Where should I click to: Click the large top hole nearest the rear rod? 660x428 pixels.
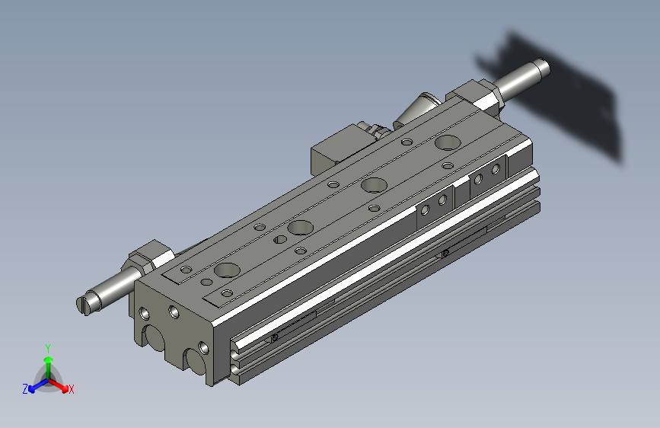coord(448,142)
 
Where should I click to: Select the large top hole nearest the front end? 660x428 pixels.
coord(227,270)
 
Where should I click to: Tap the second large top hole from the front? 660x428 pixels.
coord(300,227)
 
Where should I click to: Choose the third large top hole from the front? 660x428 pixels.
coord(373,184)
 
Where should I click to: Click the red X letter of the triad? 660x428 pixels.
coord(72,389)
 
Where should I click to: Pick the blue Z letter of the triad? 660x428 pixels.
coord(25,389)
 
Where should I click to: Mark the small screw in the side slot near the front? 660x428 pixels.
coord(274,337)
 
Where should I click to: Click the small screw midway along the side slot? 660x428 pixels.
coord(445,253)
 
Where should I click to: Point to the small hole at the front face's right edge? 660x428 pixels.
coord(202,348)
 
